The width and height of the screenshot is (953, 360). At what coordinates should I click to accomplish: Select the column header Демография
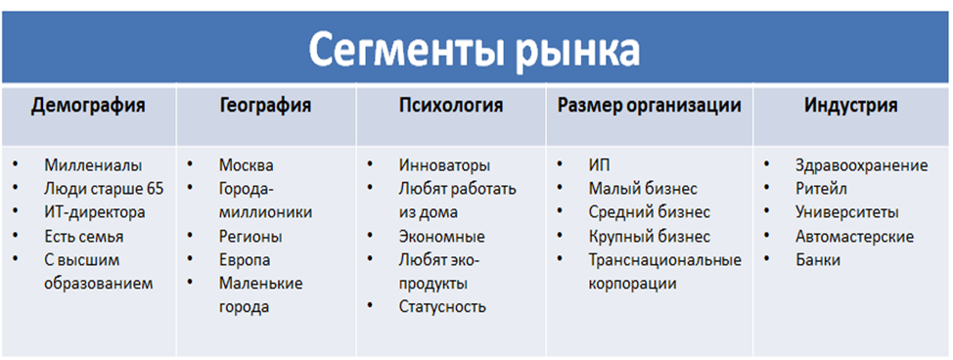point(88,107)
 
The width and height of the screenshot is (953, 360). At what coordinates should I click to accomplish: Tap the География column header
point(266,107)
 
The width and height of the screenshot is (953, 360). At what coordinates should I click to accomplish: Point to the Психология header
point(451,107)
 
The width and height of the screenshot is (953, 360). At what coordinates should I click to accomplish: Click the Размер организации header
point(649,107)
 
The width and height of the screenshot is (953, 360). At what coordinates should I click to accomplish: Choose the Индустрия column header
point(851,107)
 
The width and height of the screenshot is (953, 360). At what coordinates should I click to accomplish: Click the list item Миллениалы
point(93,165)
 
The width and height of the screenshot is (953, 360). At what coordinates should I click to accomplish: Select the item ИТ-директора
point(95,212)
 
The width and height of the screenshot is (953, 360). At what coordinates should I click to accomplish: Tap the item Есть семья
point(84,236)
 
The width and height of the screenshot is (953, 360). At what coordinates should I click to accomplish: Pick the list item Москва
point(247,165)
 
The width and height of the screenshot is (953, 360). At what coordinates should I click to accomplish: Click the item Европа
point(245,259)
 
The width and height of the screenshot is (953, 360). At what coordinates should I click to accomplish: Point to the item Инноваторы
point(444,165)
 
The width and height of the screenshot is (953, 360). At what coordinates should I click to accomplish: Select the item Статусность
point(442,306)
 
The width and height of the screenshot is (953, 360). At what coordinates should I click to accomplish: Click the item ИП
point(599,165)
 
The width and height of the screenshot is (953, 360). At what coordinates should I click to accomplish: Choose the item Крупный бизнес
point(649,236)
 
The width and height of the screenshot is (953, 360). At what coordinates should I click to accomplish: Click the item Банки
point(818,259)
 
